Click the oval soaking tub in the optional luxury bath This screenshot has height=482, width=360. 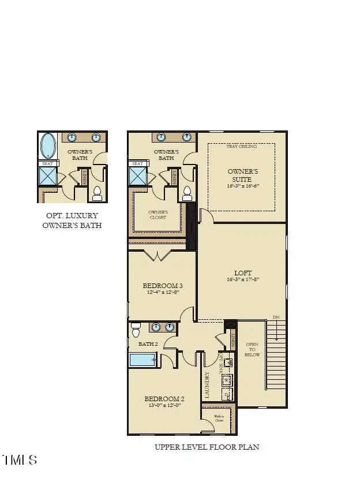48,146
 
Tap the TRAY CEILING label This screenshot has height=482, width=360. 242,146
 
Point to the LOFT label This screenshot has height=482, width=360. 243,272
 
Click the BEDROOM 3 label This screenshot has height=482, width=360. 163,285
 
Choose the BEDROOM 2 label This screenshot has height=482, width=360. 164,399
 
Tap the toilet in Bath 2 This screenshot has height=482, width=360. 136,330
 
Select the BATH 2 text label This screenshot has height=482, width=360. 148,344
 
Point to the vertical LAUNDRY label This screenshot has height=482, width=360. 207,384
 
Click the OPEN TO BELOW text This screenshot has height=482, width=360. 253,349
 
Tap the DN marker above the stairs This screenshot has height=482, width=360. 276,317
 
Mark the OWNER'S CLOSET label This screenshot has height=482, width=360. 157,214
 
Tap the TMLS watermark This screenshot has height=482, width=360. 20,460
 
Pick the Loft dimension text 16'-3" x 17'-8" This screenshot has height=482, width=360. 242,280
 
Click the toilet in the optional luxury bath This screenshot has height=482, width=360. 97,193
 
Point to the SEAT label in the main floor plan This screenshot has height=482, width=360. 137,164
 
